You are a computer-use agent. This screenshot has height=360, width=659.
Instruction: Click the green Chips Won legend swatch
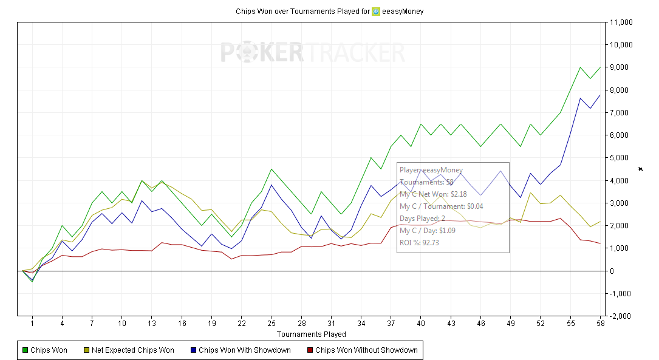(25, 350)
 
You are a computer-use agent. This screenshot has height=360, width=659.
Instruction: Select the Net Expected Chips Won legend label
(132, 350)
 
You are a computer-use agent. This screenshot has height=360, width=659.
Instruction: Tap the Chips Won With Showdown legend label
(244, 350)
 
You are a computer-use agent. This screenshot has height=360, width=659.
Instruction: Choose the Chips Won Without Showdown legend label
(366, 350)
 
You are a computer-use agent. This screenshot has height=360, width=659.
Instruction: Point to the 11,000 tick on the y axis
(621, 22)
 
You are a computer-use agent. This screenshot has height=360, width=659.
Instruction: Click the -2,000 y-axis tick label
(622, 316)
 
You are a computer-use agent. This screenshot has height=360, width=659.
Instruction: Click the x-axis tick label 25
(271, 324)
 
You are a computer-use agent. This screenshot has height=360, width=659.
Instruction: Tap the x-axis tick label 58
(600, 324)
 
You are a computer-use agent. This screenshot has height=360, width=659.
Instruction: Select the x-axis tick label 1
(32, 324)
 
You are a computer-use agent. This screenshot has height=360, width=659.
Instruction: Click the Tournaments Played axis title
(311, 335)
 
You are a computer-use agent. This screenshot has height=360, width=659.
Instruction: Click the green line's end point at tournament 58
(600, 67)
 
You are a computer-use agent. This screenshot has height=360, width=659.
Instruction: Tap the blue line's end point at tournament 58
(600, 95)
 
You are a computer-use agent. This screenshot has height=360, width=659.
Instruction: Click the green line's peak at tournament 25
(271, 169)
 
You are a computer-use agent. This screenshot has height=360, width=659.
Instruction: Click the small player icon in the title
(376, 11)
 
